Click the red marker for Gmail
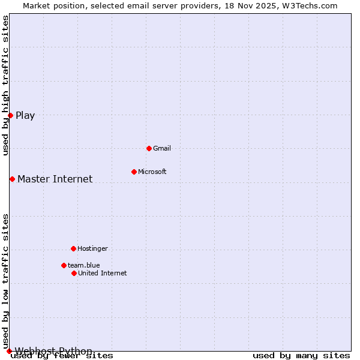(x=149, y=148)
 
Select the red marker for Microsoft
(x=134, y=172)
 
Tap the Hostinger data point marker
(x=73, y=248)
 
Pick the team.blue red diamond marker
(x=64, y=265)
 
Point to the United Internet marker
(x=74, y=273)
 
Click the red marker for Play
(x=10, y=115)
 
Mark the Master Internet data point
(x=12, y=179)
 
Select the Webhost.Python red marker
(x=9, y=351)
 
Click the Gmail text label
(x=162, y=148)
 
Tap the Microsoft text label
(x=152, y=172)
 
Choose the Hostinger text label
(x=93, y=248)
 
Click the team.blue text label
(x=84, y=265)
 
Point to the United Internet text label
(x=103, y=273)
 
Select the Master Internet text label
(x=55, y=179)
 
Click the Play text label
(x=25, y=116)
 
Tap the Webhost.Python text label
(x=53, y=351)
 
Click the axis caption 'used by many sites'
(x=301, y=356)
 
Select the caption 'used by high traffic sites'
(x=6, y=86)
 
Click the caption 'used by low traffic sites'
(x=6, y=281)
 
